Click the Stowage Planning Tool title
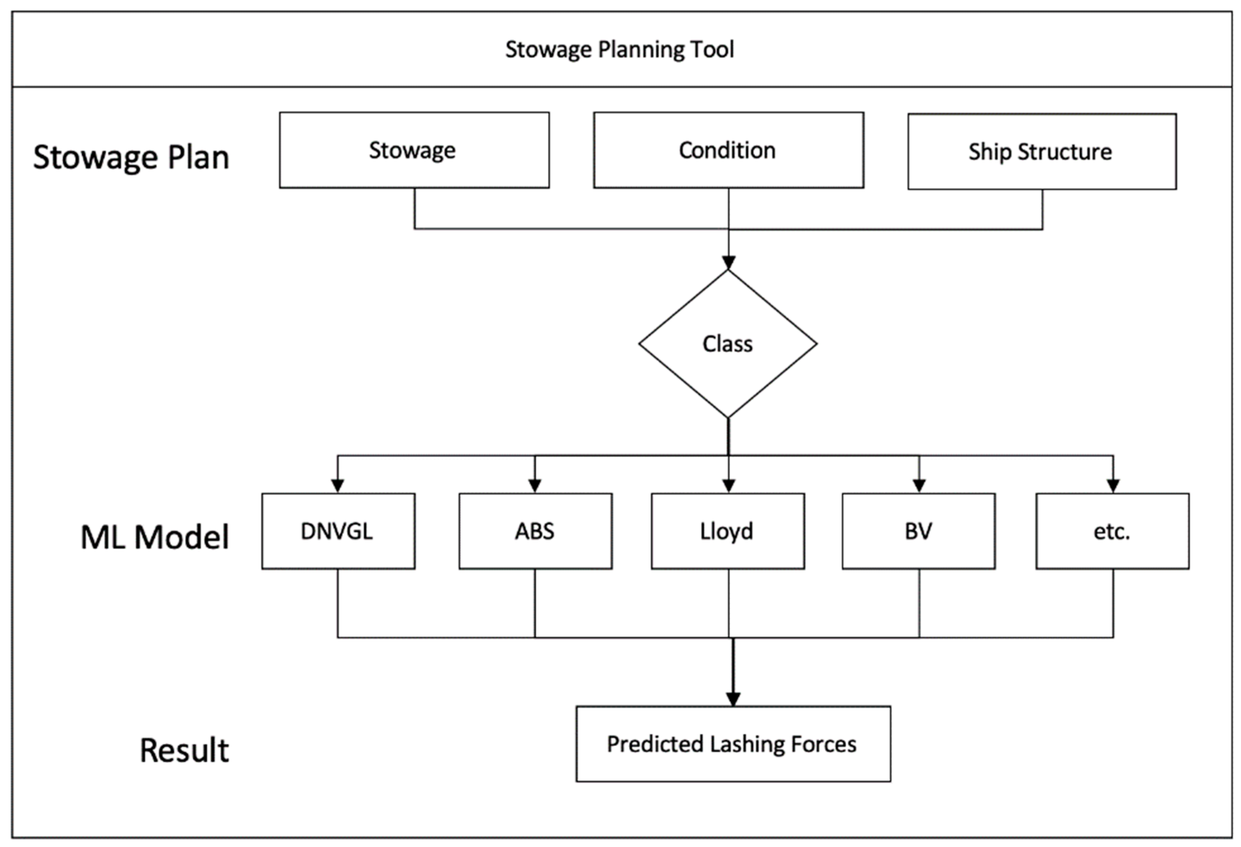click(x=619, y=49)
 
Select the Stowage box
click(x=414, y=150)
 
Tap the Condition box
click(x=728, y=150)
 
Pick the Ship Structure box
click(x=1041, y=152)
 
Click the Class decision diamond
click(x=727, y=344)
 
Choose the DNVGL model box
click(x=338, y=531)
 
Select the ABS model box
click(x=535, y=531)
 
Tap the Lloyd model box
click(x=727, y=531)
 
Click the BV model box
click(x=918, y=531)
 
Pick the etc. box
click(x=1112, y=531)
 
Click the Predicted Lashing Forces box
click(x=733, y=744)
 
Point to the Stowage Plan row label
click(x=131, y=157)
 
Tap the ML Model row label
click(x=155, y=537)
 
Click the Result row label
click(x=184, y=750)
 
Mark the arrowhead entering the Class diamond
click(x=728, y=263)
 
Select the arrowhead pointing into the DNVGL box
click(x=338, y=485)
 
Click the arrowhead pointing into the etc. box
click(x=1113, y=485)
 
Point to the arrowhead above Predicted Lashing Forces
click(x=733, y=699)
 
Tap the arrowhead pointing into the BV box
click(x=919, y=485)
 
